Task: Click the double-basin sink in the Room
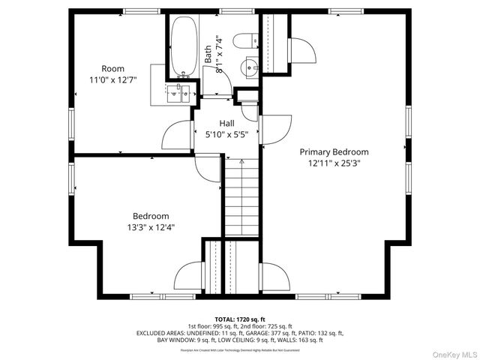click(x=180, y=93)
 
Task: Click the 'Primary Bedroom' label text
click(x=334, y=151)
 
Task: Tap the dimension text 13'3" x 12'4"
click(x=152, y=226)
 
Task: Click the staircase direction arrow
click(x=241, y=161)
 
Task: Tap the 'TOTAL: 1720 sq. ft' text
click(x=239, y=319)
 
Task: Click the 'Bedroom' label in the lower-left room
click(x=151, y=215)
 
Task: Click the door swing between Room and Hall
click(x=176, y=134)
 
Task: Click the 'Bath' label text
click(x=208, y=54)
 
